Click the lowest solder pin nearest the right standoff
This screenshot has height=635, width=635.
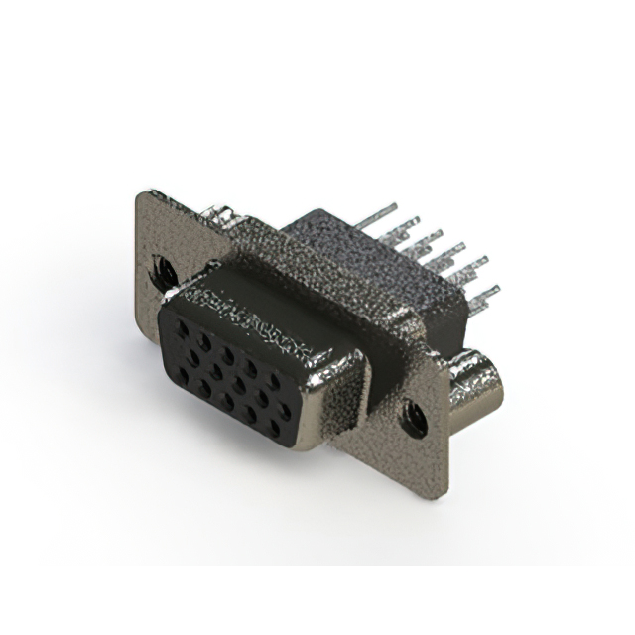click(484, 294)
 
